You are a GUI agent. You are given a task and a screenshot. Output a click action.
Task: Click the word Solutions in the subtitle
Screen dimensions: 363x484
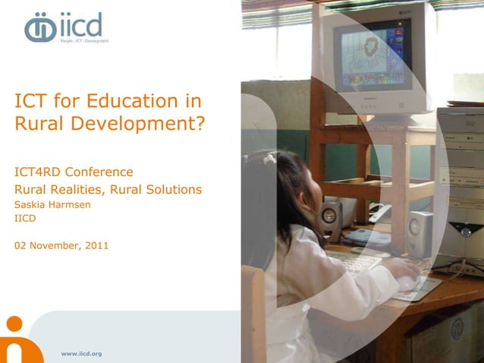pyautogui.click(x=171, y=189)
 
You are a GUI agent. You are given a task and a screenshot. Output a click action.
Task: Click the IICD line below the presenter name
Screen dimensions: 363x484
pyautogui.click(x=26, y=219)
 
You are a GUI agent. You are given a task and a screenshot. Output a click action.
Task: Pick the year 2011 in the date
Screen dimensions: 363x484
pyautogui.click(x=96, y=245)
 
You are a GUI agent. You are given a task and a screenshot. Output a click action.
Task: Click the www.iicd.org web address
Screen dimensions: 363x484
pyautogui.click(x=81, y=354)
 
